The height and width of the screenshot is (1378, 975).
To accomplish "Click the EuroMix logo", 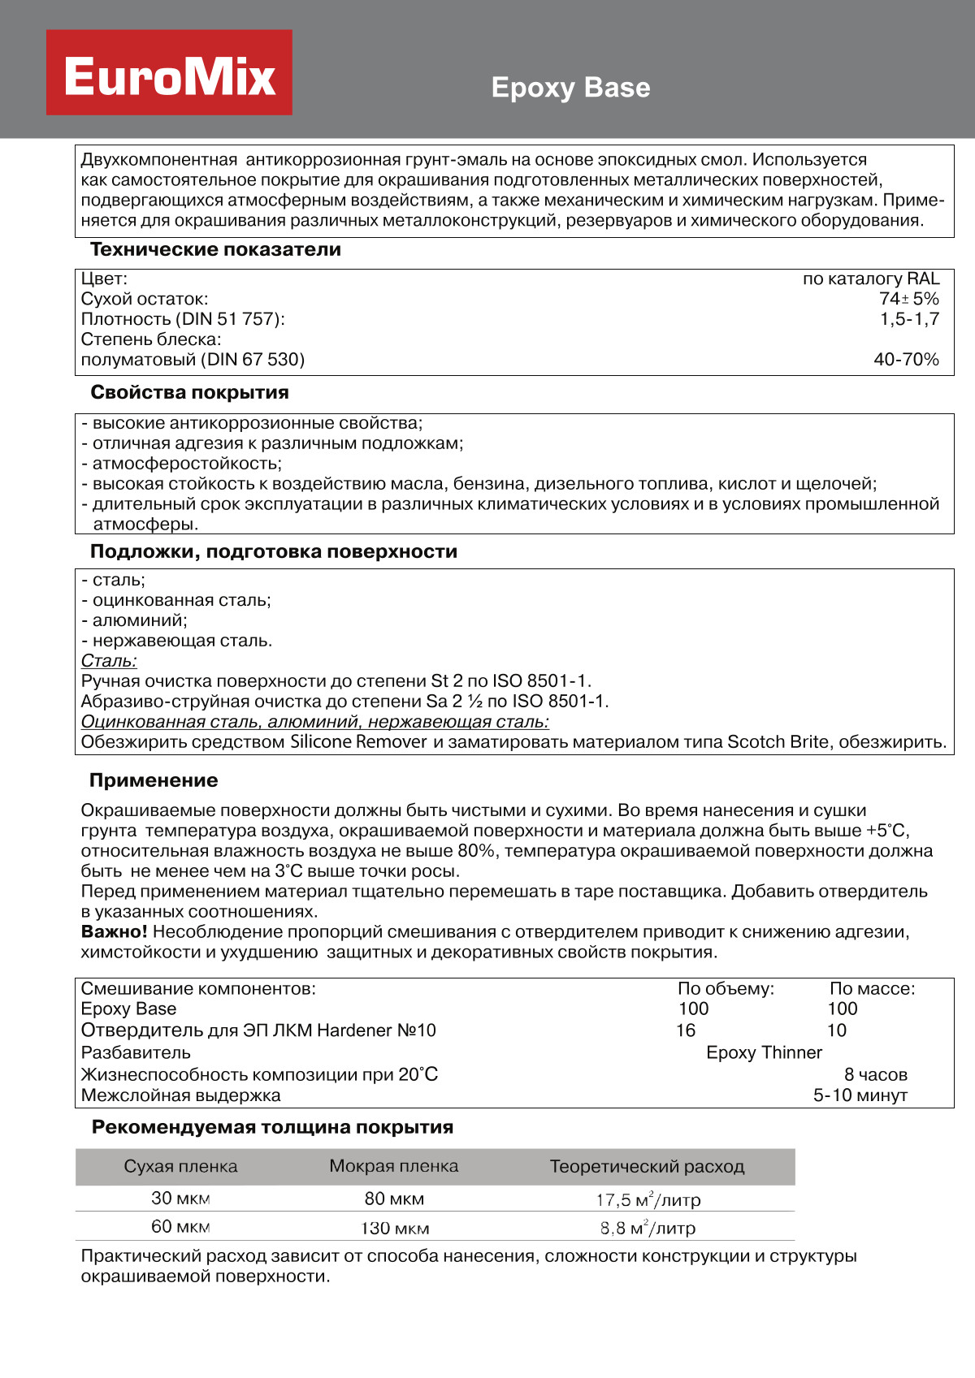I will pos(169,73).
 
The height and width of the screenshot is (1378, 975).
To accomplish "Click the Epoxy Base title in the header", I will pos(570,88).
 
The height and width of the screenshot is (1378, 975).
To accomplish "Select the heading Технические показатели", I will pos(215,249).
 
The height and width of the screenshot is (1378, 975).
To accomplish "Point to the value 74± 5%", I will pos(908,299).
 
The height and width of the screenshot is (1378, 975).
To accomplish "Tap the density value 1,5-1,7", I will pos(909,319).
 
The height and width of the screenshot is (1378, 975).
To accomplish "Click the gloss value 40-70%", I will pos(906,359).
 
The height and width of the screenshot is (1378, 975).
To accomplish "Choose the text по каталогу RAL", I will pos(870,279).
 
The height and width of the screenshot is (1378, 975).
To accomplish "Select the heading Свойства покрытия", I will pos(189,392).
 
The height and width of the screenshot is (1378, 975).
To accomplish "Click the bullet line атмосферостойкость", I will pos(186,464).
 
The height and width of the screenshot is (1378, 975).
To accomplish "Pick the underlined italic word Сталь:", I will pos(109,661).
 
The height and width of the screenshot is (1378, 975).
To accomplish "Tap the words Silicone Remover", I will pos(358,741).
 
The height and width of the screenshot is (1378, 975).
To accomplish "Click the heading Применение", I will pos(154,780).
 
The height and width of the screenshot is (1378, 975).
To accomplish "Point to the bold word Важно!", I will pos(114,931).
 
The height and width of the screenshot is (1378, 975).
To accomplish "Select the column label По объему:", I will pos(726,988).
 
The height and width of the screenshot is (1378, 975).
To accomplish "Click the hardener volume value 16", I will pos(686,1030).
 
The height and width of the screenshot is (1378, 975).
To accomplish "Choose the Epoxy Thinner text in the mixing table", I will pos(764,1052).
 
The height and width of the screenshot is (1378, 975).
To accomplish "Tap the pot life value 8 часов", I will pos(875,1074).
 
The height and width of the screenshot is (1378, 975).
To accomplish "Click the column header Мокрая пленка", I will pos(393,1166).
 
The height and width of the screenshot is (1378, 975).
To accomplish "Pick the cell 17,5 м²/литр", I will pos(648,1199).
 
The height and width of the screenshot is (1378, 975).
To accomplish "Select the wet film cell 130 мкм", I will pos(395,1228).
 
